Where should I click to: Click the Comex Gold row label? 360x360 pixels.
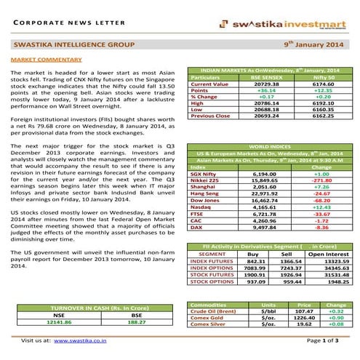click(207, 318)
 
